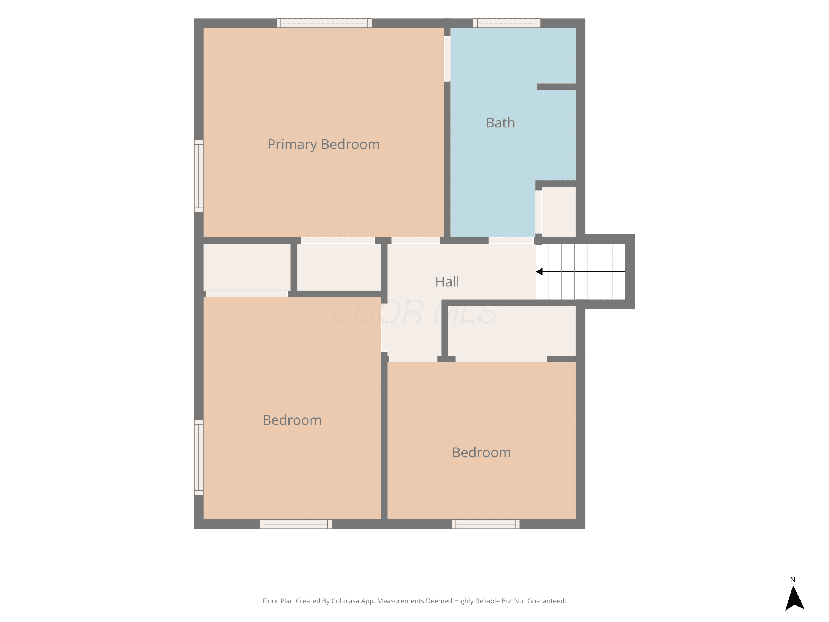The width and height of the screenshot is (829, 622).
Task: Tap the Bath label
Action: (500, 122)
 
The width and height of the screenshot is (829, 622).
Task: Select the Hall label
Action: (447, 282)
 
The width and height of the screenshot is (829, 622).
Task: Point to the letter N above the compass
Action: (793, 580)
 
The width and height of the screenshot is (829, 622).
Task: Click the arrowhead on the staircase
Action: (539, 271)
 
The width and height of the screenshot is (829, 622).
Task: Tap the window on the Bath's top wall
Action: (506, 23)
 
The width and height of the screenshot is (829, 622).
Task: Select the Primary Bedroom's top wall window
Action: (324, 23)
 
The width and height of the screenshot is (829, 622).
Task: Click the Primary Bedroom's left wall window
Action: (199, 176)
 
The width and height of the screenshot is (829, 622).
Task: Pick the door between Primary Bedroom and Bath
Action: (447, 59)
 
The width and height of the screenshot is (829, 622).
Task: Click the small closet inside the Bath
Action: (558, 212)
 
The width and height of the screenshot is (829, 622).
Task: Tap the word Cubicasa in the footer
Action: (345, 601)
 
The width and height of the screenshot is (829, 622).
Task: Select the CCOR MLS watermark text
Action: (414, 312)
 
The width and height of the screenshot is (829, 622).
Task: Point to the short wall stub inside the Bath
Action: (556, 87)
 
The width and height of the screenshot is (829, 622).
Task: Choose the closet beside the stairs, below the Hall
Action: (511, 331)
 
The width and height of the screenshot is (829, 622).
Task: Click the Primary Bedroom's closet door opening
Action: (338, 240)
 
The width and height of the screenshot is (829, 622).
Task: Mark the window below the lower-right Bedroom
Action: (485, 524)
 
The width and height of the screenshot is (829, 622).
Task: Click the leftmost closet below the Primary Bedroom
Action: (247, 267)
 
